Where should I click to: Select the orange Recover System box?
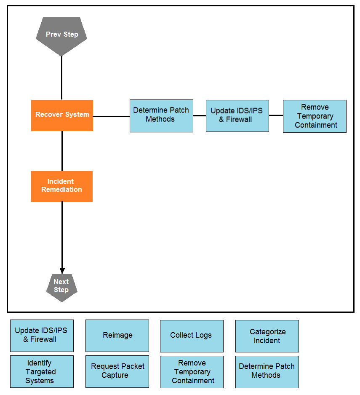(62, 116)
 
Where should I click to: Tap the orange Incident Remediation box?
(61, 186)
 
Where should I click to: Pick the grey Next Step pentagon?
(62, 288)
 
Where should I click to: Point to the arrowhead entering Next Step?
(62, 271)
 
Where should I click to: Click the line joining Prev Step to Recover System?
(61, 78)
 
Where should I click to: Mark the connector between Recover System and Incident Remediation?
(62, 150)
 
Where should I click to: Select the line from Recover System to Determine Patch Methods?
(112, 116)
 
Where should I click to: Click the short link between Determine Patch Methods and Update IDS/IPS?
(200, 116)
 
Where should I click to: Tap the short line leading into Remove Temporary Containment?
(276, 115)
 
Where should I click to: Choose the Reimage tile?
(117, 336)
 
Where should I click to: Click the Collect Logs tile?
(192, 336)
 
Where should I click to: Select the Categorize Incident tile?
(267, 336)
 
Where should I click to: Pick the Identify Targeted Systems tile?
(42, 371)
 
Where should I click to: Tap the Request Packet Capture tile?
(117, 371)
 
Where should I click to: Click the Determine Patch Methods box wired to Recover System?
(162, 116)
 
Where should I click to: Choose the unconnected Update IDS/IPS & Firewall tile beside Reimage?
(42, 336)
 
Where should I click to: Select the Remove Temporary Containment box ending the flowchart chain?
(315, 116)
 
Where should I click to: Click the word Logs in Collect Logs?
(203, 335)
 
